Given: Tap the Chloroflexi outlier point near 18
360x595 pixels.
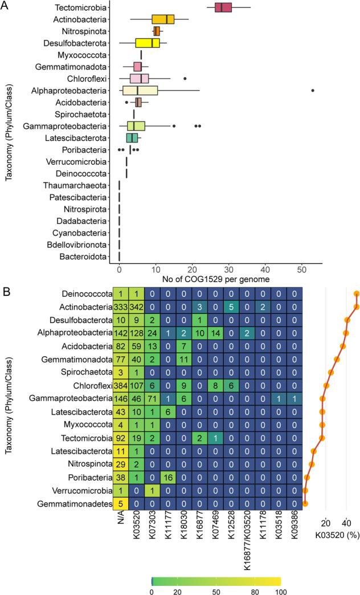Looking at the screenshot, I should (x=185, y=79).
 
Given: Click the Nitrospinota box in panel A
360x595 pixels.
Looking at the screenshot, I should (x=157, y=31).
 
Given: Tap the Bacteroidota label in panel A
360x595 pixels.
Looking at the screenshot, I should (x=83, y=256).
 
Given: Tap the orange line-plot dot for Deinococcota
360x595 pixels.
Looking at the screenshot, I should (x=357, y=294).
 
